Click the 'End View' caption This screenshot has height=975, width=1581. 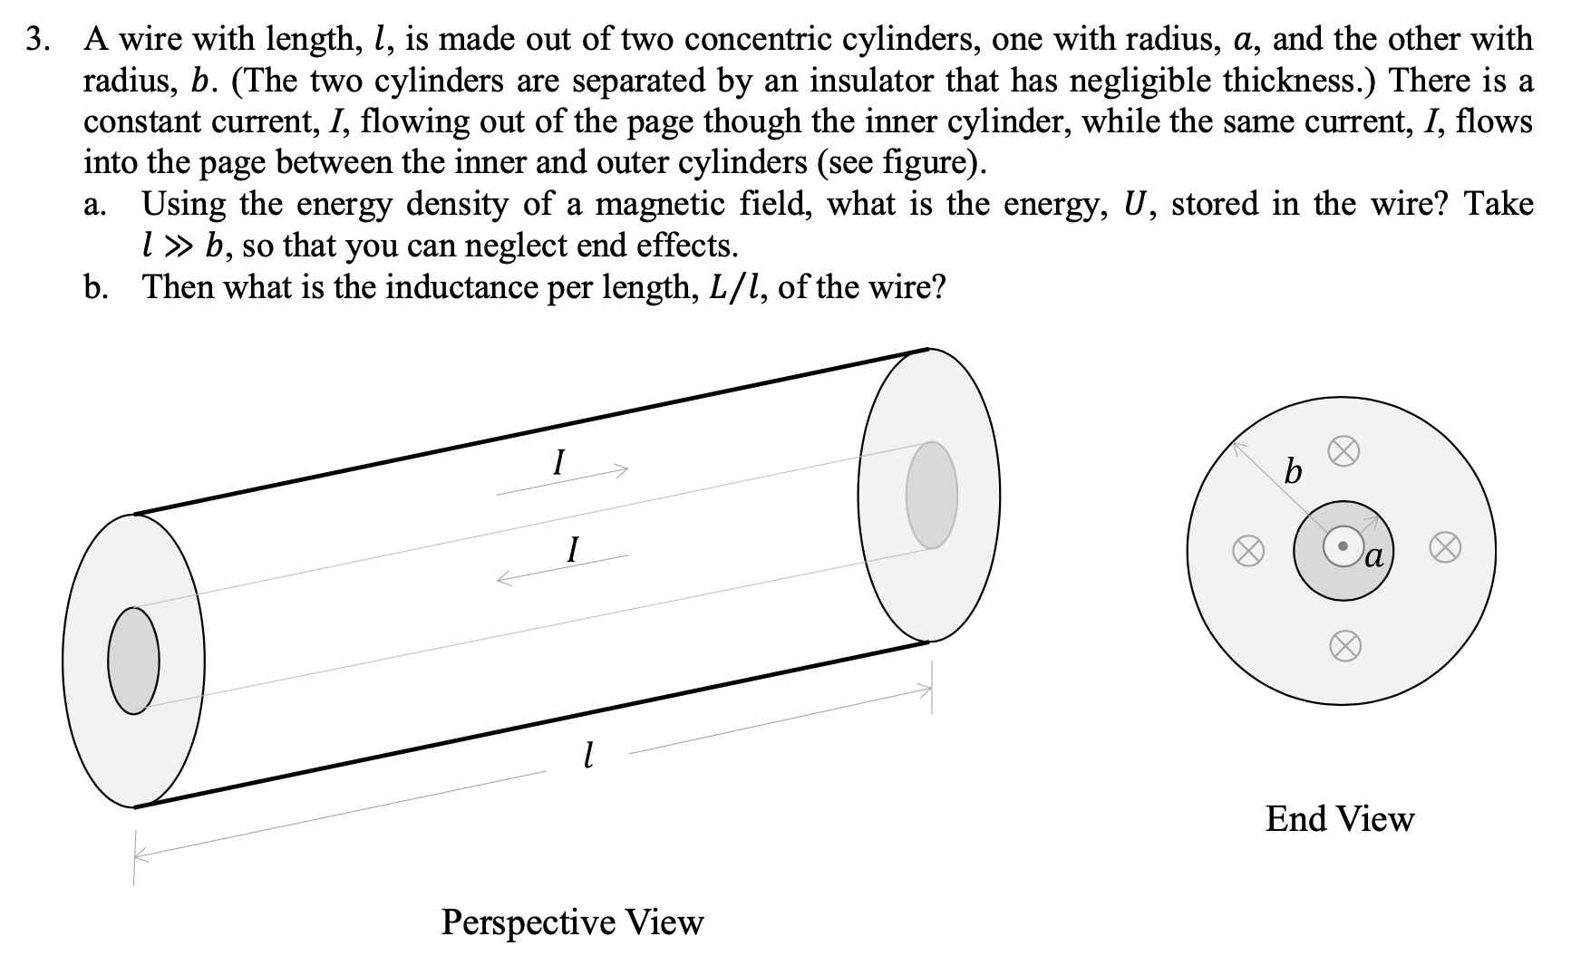pyautogui.click(x=1339, y=819)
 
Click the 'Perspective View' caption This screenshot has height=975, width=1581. pyautogui.click(x=572, y=922)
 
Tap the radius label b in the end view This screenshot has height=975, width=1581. pyautogui.click(x=1294, y=472)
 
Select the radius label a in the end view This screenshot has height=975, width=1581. pyautogui.click(x=1373, y=555)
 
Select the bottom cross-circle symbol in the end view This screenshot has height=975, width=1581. pyautogui.click(x=1345, y=644)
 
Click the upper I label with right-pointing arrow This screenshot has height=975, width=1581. pyautogui.click(x=559, y=465)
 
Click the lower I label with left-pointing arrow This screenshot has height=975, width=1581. pyautogui.click(x=571, y=549)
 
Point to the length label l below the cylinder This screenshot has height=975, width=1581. pyautogui.click(x=588, y=753)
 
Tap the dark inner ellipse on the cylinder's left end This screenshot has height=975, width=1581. pyautogui.click(x=134, y=660)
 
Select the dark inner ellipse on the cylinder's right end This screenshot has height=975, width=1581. pyautogui.click(x=931, y=495)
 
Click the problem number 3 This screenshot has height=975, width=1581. pyautogui.click(x=35, y=39)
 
